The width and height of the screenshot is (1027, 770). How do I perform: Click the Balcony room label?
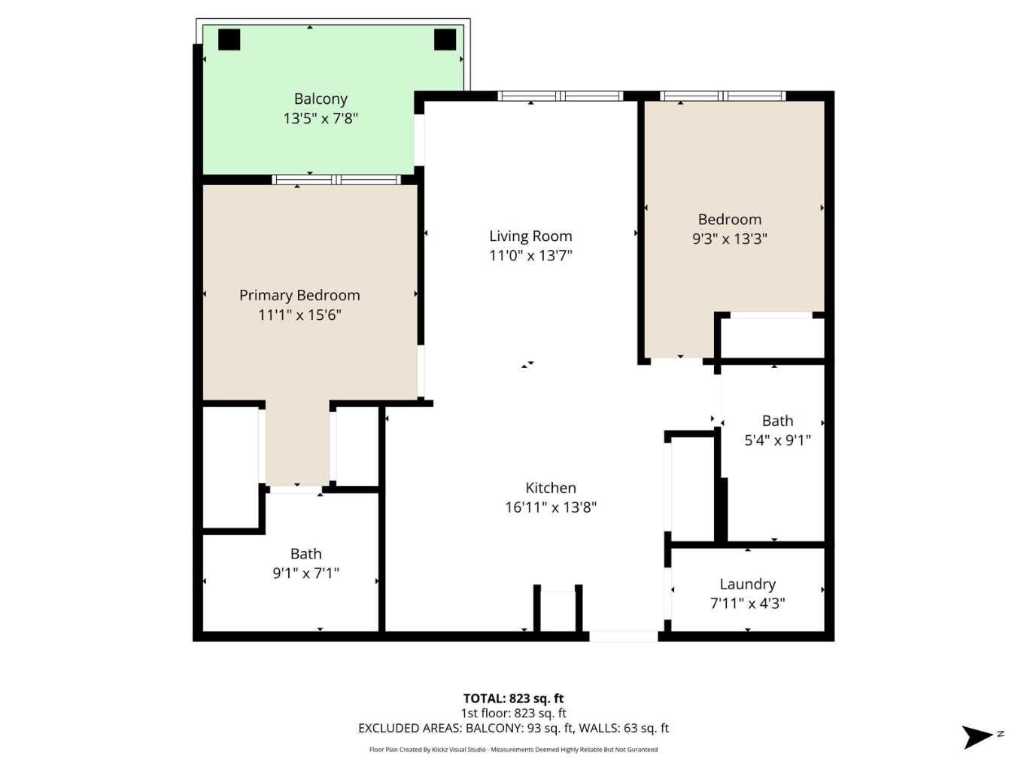point(321,99)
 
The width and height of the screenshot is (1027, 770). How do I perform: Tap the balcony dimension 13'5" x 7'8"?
point(321,118)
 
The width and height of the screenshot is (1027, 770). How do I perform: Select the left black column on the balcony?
point(229,39)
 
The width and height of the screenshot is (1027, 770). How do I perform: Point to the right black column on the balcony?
point(445,39)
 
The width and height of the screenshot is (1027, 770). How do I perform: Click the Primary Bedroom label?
point(299,295)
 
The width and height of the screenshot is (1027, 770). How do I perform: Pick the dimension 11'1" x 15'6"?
point(299,315)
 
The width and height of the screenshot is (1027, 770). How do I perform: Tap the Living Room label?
point(530,236)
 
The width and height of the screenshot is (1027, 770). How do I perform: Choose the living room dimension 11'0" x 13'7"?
point(530,255)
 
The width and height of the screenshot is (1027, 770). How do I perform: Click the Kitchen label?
point(551,488)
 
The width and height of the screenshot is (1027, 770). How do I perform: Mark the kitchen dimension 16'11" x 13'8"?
point(551,507)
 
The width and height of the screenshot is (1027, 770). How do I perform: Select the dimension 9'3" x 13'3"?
point(729,239)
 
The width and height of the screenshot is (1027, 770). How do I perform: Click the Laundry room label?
point(747,584)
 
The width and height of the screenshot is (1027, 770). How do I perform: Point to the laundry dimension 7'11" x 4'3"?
point(747,603)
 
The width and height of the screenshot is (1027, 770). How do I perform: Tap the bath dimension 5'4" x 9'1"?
point(777,440)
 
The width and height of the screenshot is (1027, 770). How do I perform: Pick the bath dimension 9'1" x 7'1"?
point(305,574)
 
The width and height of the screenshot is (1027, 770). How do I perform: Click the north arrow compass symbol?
point(980,736)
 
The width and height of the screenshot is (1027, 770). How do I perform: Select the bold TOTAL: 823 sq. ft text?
point(513,698)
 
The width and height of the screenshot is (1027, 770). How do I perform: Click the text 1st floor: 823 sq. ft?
point(513,714)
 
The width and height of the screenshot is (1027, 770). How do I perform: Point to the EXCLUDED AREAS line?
point(513,728)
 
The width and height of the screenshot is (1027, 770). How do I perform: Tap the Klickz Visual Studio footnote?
point(513,750)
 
